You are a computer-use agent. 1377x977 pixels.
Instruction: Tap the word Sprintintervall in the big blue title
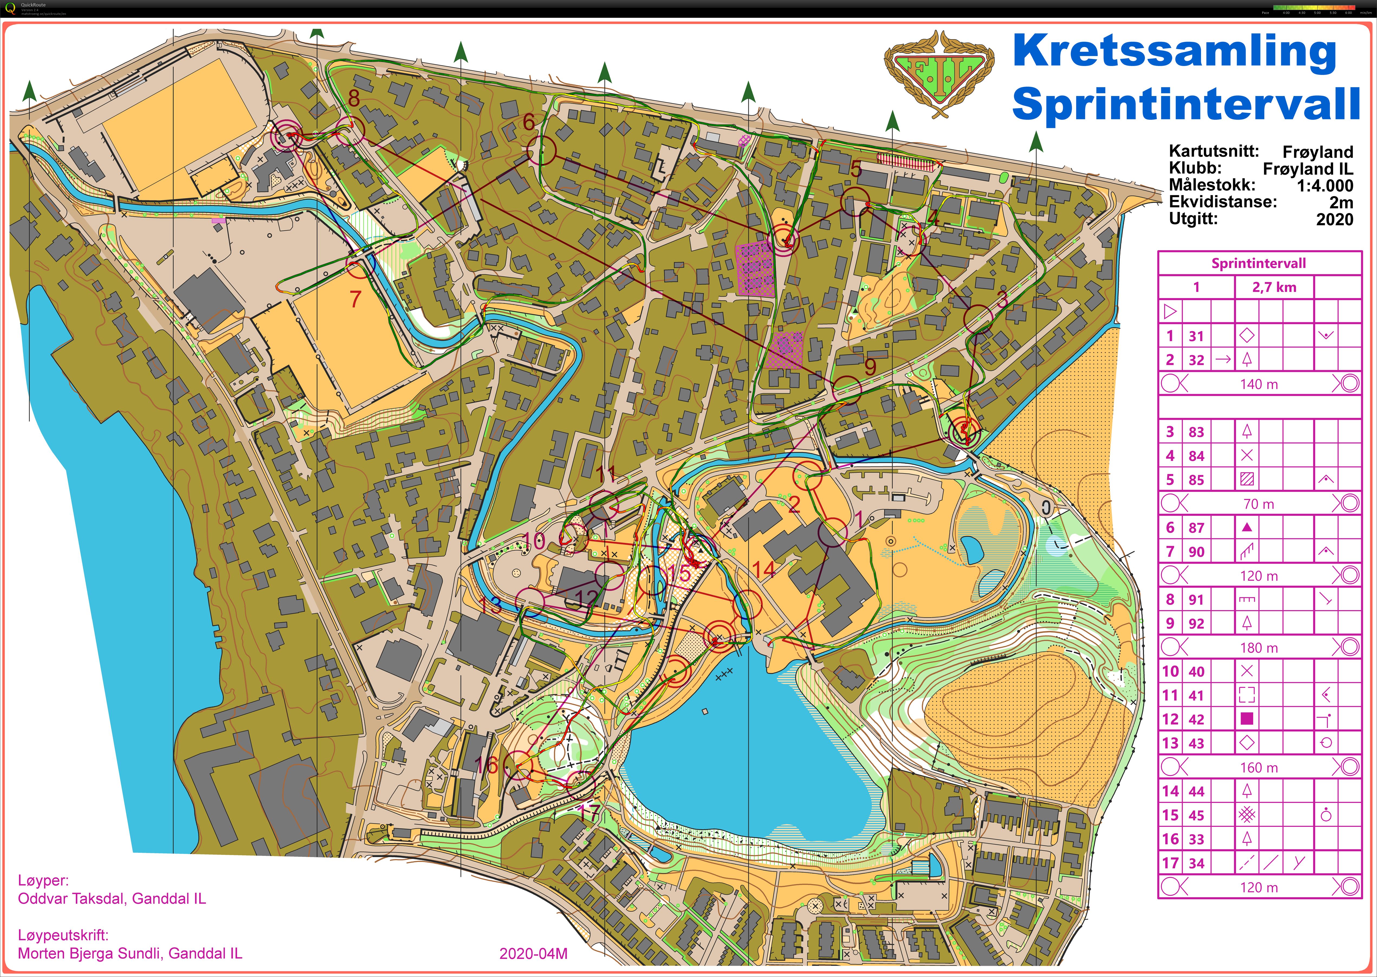coord(1186,103)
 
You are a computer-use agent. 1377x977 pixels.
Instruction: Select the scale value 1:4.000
coord(1325,186)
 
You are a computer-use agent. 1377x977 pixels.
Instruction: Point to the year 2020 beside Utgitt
coord(1334,220)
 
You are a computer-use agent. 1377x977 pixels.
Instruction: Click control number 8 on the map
coord(354,98)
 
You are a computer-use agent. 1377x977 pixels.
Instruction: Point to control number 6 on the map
coord(528,122)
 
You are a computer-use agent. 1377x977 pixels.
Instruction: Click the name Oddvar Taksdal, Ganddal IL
coord(112,899)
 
